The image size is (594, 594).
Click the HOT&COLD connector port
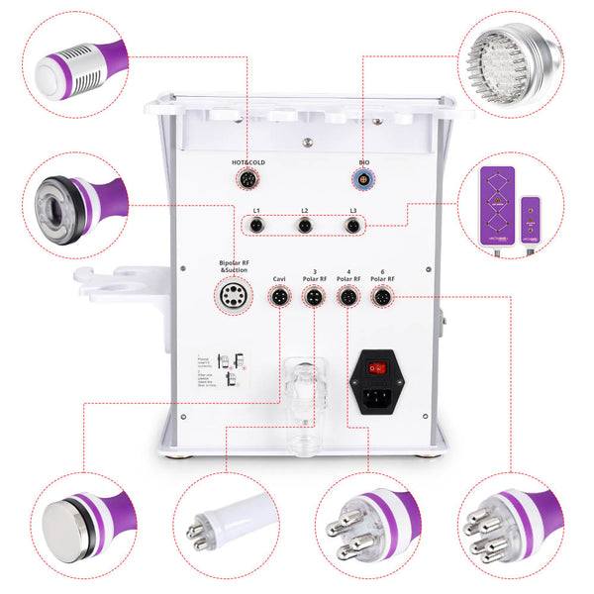tap(245, 179)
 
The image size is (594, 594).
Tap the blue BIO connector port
tap(363, 179)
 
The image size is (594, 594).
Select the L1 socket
tap(256, 225)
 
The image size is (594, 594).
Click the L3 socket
tap(351, 225)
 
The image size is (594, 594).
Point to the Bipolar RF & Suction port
tap(235, 294)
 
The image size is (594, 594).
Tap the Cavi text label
tap(280, 279)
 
